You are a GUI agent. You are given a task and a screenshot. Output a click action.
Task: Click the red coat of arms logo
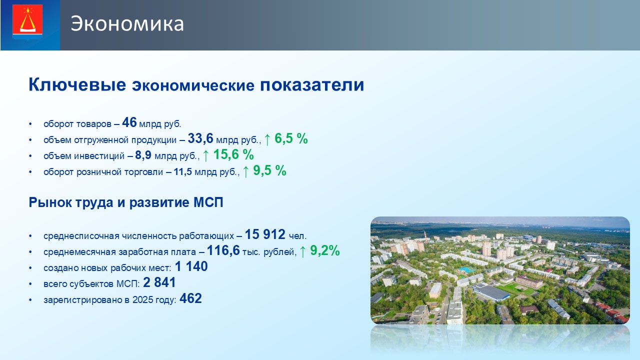click(x=27, y=21)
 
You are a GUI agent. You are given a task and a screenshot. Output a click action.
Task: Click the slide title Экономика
click(x=127, y=23)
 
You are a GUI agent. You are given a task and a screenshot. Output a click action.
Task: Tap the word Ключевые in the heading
click(x=77, y=84)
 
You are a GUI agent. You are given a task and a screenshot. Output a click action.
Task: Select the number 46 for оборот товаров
click(x=129, y=122)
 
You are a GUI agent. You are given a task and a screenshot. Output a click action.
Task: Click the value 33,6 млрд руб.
click(x=223, y=139)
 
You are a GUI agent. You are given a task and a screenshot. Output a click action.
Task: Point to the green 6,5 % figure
click(x=291, y=138)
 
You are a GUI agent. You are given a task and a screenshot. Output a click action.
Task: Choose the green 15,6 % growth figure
click(x=233, y=154)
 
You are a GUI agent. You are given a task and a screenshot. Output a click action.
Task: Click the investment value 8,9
click(x=143, y=155)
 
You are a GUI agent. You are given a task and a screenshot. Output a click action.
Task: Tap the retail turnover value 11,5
click(x=182, y=171)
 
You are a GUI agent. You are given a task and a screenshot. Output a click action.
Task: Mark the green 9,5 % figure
click(x=269, y=170)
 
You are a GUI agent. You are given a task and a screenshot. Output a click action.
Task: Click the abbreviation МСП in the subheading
click(x=208, y=202)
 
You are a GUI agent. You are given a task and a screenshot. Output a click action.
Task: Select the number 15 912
click(x=265, y=234)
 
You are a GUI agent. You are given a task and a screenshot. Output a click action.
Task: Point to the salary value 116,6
click(x=223, y=250)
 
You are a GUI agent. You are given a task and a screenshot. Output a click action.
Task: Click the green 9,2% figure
click(x=325, y=250)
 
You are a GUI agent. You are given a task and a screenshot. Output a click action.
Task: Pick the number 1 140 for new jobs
click(x=191, y=266)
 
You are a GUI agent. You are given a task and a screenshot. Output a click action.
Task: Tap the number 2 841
click(x=159, y=282)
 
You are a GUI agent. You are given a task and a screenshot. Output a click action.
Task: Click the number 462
click(x=190, y=298)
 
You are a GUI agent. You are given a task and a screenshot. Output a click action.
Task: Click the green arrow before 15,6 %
click(x=205, y=155)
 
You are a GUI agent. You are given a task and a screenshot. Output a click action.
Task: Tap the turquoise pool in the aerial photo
click(x=466, y=269)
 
